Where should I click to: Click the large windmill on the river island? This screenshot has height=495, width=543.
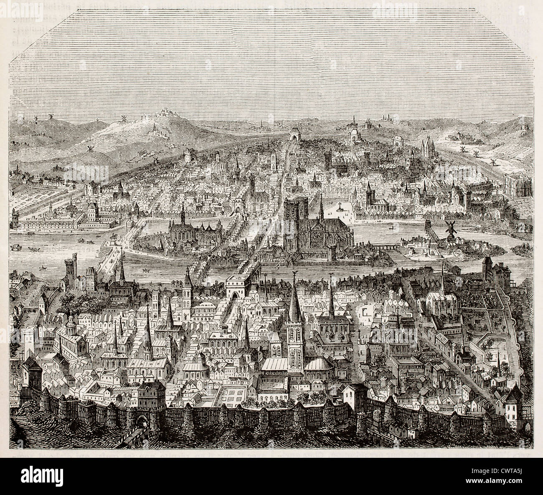pos(450,228)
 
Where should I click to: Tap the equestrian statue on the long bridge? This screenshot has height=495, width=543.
pos(114,240)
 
